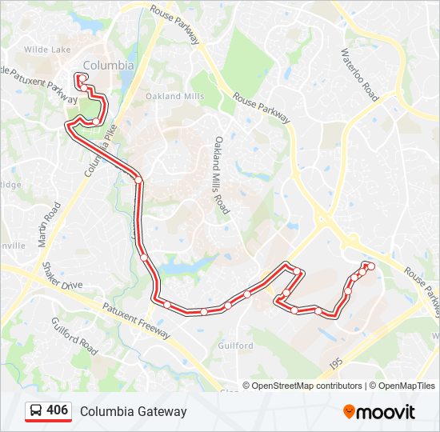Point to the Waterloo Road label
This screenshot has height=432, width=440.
click(x=358, y=74)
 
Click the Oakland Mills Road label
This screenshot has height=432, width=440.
click(x=221, y=175)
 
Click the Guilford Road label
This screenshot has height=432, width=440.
click(x=74, y=336)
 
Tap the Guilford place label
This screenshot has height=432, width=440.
click(x=235, y=346)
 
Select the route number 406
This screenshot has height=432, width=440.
click(x=57, y=410)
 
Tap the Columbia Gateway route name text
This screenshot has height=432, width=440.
click(x=133, y=411)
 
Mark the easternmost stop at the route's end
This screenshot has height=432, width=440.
click(x=371, y=266)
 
